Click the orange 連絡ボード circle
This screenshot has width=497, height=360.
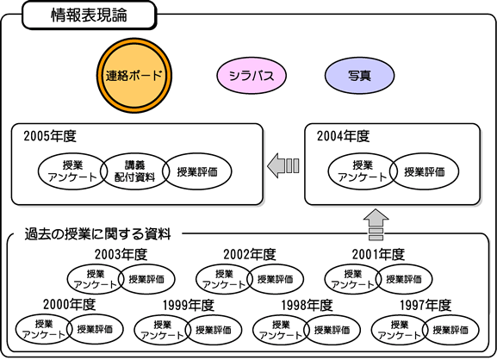point(134,76)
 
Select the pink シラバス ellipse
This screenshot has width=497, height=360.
point(252,76)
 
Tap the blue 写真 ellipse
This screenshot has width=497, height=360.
point(359,76)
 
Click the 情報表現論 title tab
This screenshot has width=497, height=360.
point(89,16)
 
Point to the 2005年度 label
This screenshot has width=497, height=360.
point(50,136)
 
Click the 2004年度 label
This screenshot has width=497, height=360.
point(344,136)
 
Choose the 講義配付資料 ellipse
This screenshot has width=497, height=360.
point(134,171)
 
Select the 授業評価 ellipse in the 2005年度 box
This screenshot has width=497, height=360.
point(197,171)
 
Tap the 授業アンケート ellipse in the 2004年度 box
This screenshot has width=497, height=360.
point(363,171)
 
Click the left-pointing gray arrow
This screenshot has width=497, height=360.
point(283,165)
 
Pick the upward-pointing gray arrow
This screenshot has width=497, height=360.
point(376,225)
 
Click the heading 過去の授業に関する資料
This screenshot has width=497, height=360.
point(98,234)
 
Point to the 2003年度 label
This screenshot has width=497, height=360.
point(121,254)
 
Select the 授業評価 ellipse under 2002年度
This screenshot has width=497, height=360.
point(275,279)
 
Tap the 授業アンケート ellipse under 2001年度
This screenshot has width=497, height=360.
point(352,279)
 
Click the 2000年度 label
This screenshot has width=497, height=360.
point(70,305)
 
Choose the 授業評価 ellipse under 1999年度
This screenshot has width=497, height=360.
point(214,330)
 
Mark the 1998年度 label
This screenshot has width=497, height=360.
point(307,305)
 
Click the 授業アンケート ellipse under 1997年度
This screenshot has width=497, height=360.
point(399,330)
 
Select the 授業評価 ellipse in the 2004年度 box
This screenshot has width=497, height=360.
point(425,171)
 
